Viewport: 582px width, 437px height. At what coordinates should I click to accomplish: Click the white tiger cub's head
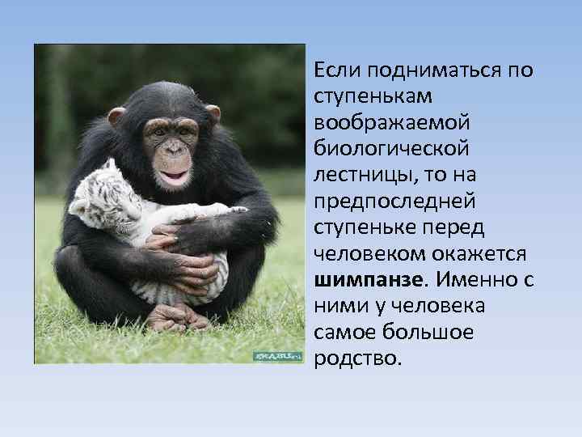point(100,199)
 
